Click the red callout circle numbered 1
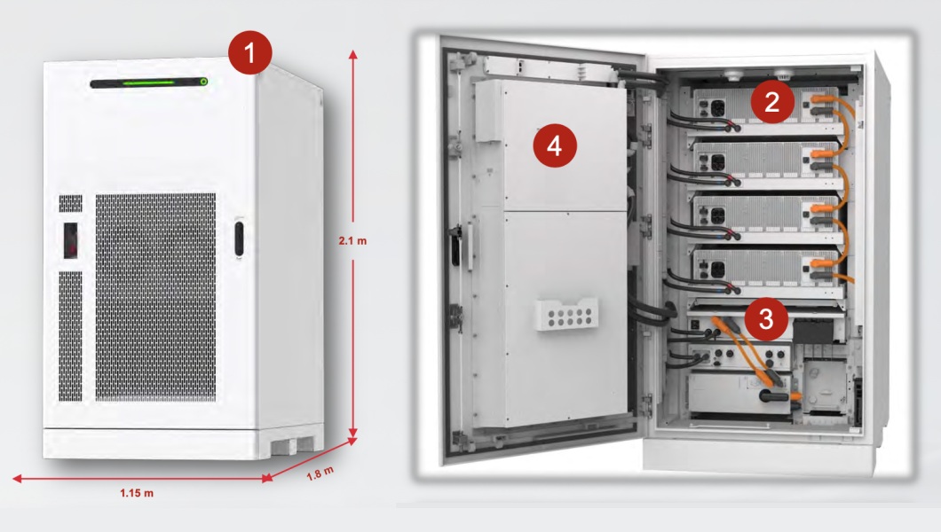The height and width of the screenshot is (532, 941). coord(249,52)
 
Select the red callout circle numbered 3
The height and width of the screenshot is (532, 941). coord(766,318)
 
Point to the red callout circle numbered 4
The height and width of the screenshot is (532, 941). coord(555,145)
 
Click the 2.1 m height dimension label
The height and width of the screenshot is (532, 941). coord(352,241)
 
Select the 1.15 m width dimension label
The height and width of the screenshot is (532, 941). coord(136,493)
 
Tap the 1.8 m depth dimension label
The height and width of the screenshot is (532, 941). coord(320,473)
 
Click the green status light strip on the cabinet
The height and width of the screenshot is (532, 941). coord(148,82)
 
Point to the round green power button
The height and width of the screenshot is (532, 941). coord(203,82)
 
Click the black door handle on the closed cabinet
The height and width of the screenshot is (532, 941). coord(239,239)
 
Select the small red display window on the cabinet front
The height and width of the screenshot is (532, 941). coord(70,240)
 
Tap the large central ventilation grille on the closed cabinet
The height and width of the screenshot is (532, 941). coord(155,297)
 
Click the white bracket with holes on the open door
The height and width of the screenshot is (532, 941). coord(567,314)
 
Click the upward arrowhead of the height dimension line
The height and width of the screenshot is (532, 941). coord(353,54)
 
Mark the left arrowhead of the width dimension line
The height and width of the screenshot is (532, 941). coord(18,478)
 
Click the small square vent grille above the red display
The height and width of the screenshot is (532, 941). coord(70,203)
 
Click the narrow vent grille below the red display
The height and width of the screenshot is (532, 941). coord(70,336)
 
